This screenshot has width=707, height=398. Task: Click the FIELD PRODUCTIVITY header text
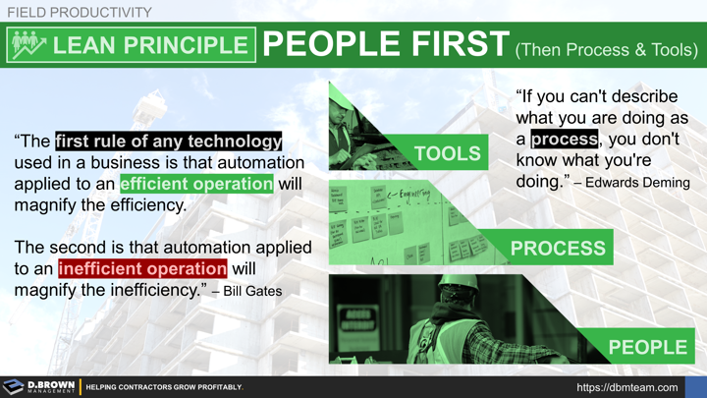click(80, 12)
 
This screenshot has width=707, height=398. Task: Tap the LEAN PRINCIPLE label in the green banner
click(164, 45)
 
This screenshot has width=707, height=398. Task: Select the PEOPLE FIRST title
click(386, 45)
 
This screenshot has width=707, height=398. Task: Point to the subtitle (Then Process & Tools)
click(606, 48)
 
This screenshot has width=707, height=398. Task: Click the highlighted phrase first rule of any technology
click(169, 141)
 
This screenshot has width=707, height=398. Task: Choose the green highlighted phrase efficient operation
click(196, 184)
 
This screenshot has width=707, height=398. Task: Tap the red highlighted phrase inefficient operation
click(142, 268)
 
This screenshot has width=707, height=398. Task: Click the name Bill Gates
click(253, 291)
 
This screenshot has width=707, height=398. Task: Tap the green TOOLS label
click(448, 153)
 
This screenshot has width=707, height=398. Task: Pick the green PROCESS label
click(558, 249)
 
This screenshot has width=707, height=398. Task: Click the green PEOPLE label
click(647, 347)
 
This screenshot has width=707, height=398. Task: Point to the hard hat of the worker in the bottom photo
click(460, 282)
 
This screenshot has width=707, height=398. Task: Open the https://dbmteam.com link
click(626, 387)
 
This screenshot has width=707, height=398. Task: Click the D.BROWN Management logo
click(39, 387)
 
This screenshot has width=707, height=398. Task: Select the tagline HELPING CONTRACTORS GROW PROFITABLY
click(164, 388)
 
